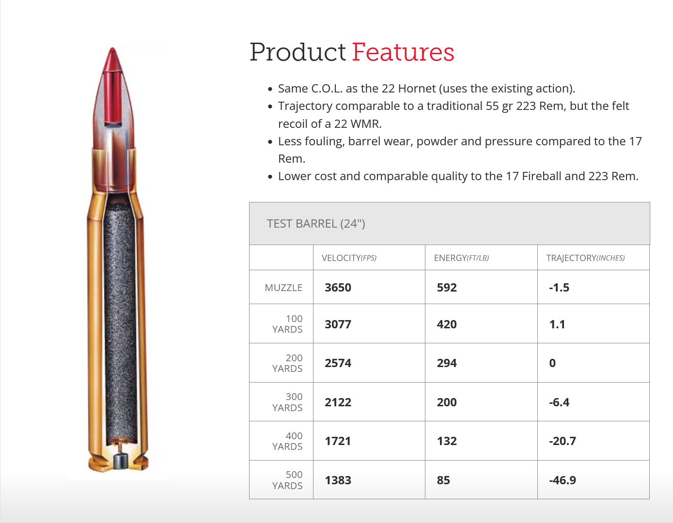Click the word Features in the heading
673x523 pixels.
click(403, 52)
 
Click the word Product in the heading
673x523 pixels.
click(297, 52)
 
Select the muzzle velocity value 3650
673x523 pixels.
click(338, 288)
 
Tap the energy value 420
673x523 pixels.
click(447, 324)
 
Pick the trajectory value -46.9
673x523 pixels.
click(563, 480)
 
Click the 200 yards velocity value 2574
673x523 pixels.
click(338, 363)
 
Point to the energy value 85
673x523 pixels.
click(443, 480)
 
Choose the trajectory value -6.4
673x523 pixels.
click(559, 402)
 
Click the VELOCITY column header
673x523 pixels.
click(349, 258)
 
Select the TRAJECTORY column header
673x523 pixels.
click(585, 258)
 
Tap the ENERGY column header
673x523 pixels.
click(461, 258)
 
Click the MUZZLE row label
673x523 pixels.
click(283, 288)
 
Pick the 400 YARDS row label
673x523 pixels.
click(287, 441)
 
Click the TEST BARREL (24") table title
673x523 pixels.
click(316, 223)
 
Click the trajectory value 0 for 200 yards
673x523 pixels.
click(552, 363)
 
